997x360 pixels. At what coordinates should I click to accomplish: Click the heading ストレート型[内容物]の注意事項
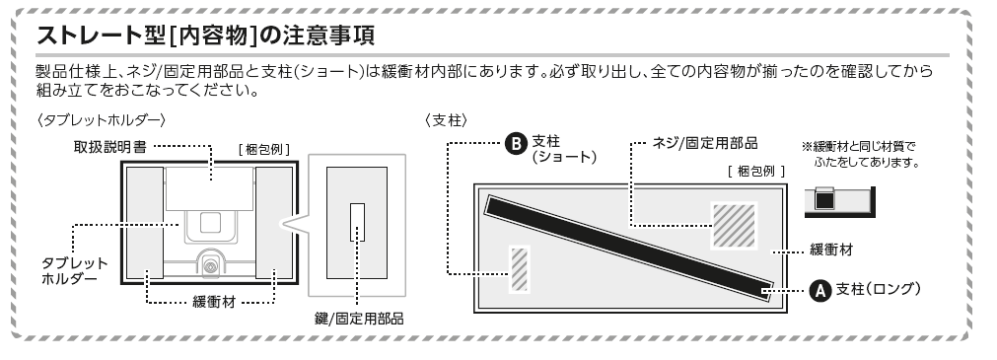click(205, 36)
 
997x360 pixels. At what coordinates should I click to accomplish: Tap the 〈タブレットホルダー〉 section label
click(102, 119)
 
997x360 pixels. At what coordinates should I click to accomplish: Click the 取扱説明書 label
click(110, 147)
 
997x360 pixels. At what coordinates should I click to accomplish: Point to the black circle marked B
click(516, 143)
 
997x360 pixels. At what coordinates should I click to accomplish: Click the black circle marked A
click(820, 291)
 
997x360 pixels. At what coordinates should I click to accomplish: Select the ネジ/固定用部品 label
click(705, 143)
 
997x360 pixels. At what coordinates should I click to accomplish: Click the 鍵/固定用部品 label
click(359, 319)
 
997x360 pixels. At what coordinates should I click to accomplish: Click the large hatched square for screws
click(734, 225)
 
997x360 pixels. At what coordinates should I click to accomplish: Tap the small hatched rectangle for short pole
click(520, 269)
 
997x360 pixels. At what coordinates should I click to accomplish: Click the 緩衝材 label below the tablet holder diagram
click(214, 302)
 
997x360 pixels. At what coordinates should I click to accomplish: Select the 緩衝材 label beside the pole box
click(831, 250)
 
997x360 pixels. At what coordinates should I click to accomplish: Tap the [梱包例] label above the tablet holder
click(264, 150)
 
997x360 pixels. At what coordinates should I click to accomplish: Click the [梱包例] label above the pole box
click(756, 171)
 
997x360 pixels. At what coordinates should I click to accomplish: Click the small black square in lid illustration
click(824, 199)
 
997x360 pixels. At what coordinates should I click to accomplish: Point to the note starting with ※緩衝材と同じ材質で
click(861, 155)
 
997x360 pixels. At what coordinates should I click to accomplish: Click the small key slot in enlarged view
click(357, 222)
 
